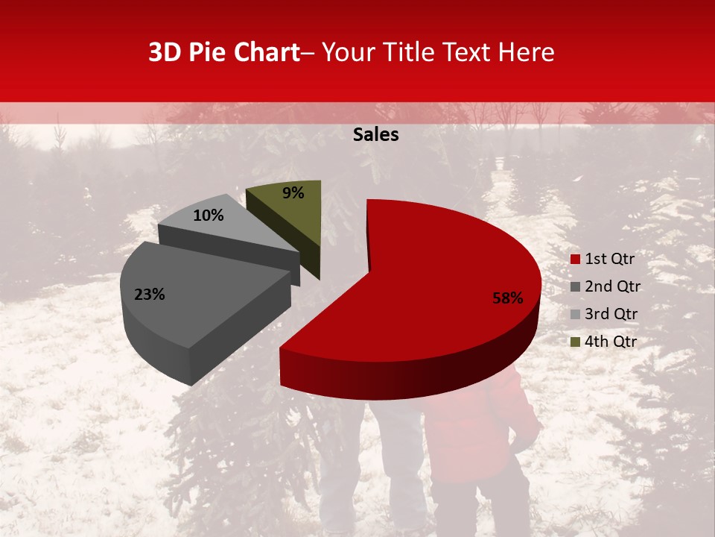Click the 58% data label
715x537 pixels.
tap(508, 298)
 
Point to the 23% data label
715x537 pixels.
tap(149, 295)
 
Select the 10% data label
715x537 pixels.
tap(209, 216)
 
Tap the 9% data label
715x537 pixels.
tap(293, 193)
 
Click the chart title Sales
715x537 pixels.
tap(375, 135)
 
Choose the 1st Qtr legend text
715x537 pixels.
tap(610, 259)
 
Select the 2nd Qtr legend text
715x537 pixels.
tap(612, 286)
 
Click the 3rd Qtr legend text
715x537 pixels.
tap(611, 314)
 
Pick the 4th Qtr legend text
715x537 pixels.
tap(611, 342)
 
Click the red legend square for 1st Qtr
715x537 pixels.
tap(575, 260)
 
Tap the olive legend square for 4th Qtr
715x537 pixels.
tap(575, 342)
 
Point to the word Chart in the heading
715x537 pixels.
tap(265, 53)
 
